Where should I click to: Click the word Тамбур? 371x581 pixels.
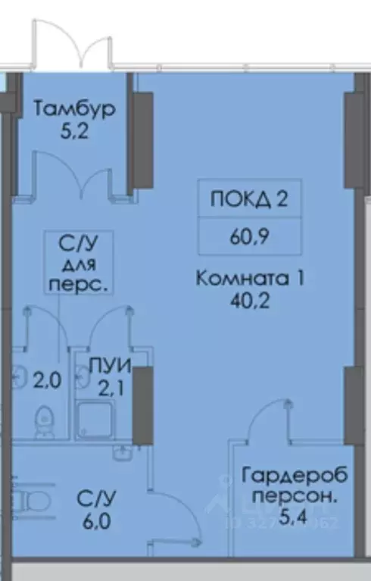(x=74, y=109)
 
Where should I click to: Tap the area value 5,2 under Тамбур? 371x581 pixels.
(x=74, y=130)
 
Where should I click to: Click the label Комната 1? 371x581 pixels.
(x=249, y=278)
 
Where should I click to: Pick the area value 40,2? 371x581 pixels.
(x=249, y=298)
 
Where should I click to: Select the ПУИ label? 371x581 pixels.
(x=111, y=367)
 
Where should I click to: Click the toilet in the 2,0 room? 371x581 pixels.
(x=45, y=419)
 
